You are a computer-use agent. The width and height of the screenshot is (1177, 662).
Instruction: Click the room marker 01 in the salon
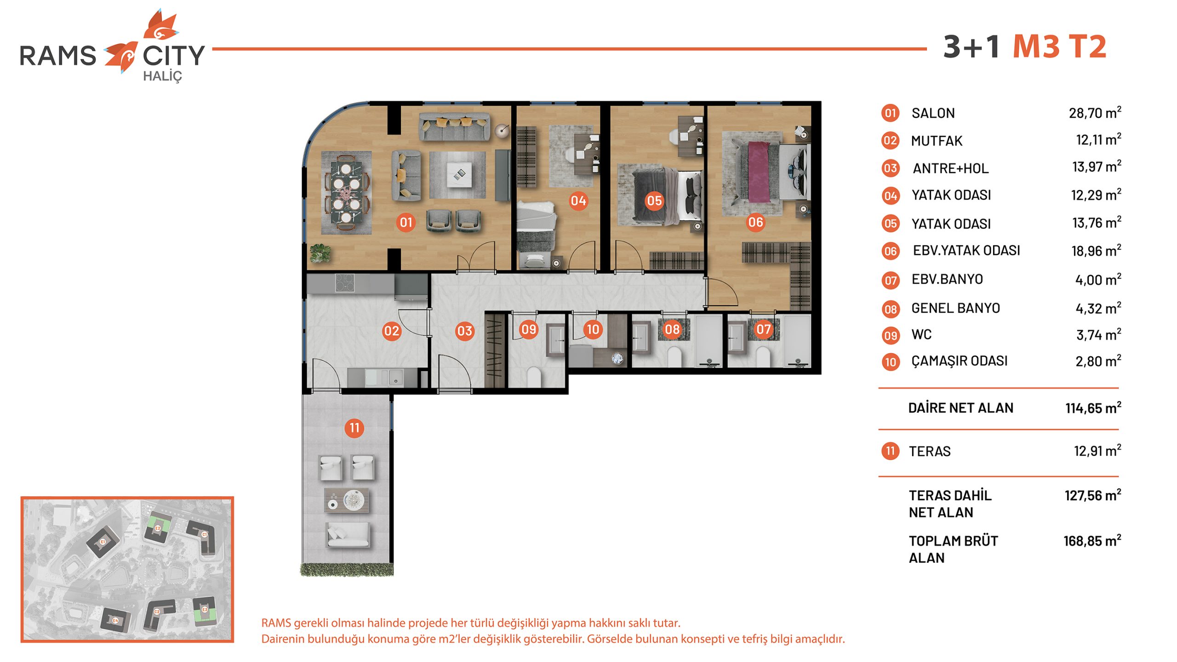coord(406,223)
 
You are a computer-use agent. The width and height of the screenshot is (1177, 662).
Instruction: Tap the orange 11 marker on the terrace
coord(354,428)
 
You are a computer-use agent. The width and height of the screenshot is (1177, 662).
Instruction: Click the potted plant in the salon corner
coord(320,253)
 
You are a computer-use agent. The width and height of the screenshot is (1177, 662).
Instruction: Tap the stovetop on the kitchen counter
coord(345,283)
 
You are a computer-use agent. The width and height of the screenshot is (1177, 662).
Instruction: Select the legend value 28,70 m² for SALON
coord(1095,113)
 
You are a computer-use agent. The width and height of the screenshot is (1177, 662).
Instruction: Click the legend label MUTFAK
coord(937,141)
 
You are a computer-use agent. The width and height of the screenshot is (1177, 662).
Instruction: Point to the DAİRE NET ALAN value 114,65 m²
coord(1093,408)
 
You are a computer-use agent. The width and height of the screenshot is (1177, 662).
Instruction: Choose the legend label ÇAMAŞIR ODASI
coord(960,361)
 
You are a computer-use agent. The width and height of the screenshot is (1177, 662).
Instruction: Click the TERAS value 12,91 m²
coord(1097,451)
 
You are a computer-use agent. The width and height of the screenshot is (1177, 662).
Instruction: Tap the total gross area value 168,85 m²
coord(1092,541)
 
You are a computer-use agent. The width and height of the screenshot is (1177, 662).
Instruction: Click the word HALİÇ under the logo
coord(162,76)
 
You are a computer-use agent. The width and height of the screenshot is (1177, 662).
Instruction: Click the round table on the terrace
coord(354,500)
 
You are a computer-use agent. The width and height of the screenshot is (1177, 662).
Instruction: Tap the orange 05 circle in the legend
coord(890,223)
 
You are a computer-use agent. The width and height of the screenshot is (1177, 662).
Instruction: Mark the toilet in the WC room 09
coord(534,376)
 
